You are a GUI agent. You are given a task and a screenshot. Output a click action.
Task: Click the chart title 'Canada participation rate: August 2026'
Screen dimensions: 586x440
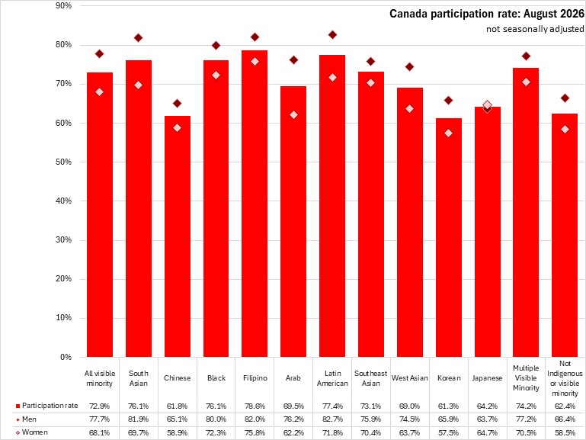pyautogui.click(x=487, y=14)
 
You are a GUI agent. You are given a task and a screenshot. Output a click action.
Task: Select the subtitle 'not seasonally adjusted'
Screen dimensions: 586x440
pyautogui.click(x=535, y=29)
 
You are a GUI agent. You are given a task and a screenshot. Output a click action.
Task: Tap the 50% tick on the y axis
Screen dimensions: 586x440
pyautogui.click(x=63, y=162)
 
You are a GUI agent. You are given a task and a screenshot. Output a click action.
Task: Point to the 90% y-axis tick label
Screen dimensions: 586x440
pyautogui.click(x=63, y=5)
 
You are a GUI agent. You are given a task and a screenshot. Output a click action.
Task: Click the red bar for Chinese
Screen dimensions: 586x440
pyautogui.click(x=177, y=236)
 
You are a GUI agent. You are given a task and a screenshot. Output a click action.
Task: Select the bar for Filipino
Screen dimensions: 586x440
pyautogui.click(x=255, y=204)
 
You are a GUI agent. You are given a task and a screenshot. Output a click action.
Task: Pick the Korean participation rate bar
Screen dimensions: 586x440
pyautogui.click(x=449, y=237)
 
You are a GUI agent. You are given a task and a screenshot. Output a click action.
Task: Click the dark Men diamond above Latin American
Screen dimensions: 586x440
pyautogui.click(x=332, y=35)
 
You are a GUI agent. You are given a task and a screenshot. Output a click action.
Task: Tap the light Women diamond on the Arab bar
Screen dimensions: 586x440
pyautogui.click(x=293, y=115)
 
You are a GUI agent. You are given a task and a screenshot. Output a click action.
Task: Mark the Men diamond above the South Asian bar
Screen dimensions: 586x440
pyautogui.click(x=138, y=38)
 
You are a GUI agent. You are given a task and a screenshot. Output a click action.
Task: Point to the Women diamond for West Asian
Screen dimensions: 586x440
pyautogui.click(x=410, y=109)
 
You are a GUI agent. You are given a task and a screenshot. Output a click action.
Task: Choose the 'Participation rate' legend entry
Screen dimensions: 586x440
pyautogui.click(x=46, y=406)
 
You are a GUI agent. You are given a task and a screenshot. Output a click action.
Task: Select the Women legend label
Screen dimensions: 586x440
pyautogui.click(x=32, y=432)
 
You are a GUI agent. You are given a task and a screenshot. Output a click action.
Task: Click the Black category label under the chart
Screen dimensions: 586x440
pyautogui.click(x=216, y=378)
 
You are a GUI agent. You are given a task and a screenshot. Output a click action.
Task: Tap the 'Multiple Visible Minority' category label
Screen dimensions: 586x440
pyautogui.click(x=526, y=378)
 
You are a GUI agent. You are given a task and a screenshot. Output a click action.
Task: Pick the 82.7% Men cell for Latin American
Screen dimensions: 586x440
pyautogui.click(x=332, y=419)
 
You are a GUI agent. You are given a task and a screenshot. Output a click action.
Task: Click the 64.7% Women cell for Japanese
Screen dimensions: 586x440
pyautogui.click(x=487, y=432)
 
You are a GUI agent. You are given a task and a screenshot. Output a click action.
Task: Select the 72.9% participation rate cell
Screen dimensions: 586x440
pyautogui.click(x=99, y=406)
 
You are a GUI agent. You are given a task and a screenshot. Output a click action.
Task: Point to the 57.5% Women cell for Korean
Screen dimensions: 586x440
pyautogui.click(x=449, y=432)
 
